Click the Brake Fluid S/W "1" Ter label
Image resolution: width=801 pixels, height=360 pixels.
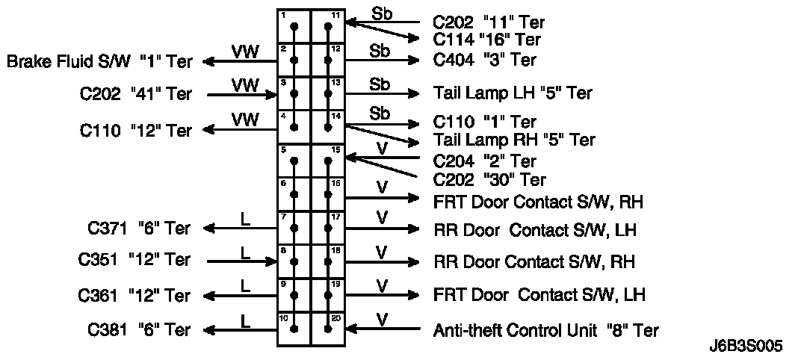[99, 61]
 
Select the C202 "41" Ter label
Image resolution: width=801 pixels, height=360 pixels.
[135, 94]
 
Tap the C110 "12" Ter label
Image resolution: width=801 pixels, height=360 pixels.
[135, 130]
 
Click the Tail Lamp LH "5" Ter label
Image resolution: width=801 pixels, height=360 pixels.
[513, 93]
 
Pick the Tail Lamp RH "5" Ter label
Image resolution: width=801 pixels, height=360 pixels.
[514, 140]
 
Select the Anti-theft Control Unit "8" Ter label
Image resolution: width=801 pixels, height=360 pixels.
[546, 329]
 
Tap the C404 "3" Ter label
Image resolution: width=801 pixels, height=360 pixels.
[484, 60]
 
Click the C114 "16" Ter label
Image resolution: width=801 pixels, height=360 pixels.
[486, 40]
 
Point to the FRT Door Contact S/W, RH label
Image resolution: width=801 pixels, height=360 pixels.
[539, 202]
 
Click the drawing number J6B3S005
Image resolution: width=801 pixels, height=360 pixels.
[746, 347]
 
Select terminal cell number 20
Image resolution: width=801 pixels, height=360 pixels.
[328, 329]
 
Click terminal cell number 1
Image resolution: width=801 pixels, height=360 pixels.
[294, 27]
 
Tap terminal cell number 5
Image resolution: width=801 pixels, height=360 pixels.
[294, 161]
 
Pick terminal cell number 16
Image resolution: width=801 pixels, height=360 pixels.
[328, 195]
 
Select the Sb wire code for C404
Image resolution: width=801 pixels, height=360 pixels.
[380, 51]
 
